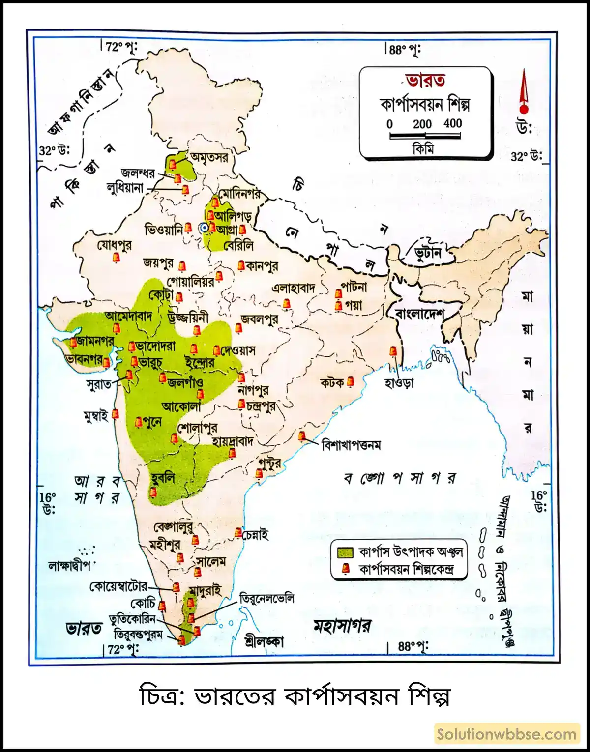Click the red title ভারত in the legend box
[x=426, y=80]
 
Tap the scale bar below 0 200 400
[x=425, y=136]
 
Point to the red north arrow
[x=524, y=93]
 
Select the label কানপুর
[x=262, y=266]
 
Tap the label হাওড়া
[x=399, y=382]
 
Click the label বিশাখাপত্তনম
[x=351, y=445]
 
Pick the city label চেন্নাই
[x=256, y=535]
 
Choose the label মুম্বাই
[x=96, y=417]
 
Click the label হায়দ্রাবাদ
[x=233, y=441]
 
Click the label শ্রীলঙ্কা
[x=264, y=641]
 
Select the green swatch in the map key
[x=345, y=551]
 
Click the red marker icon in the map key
[x=346, y=569]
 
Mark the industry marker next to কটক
[x=350, y=382]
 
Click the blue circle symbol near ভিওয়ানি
[x=203, y=228]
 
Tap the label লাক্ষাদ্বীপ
[x=69, y=565]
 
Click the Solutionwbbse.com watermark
[x=506, y=735]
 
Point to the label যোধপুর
[x=114, y=245]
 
